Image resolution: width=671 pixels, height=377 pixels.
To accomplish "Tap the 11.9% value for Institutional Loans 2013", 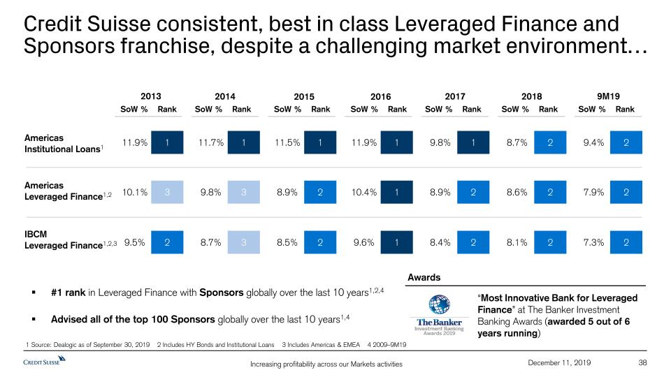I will [134, 143].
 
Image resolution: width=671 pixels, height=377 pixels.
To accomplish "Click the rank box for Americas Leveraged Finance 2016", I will [396, 191].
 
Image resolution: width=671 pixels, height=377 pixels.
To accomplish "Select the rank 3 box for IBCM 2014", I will [244, 242].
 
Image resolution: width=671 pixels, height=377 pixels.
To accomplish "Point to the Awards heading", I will [424, 277].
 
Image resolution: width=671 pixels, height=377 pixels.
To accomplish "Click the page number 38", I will [644, 362].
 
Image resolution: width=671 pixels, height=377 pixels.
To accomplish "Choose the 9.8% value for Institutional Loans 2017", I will [441, 143].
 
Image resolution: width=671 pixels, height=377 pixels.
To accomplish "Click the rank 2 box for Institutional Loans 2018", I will [551, 143].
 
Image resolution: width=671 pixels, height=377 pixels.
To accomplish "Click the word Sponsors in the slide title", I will [66, 47].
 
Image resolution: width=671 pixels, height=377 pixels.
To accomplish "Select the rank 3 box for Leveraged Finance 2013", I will [167, 191].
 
